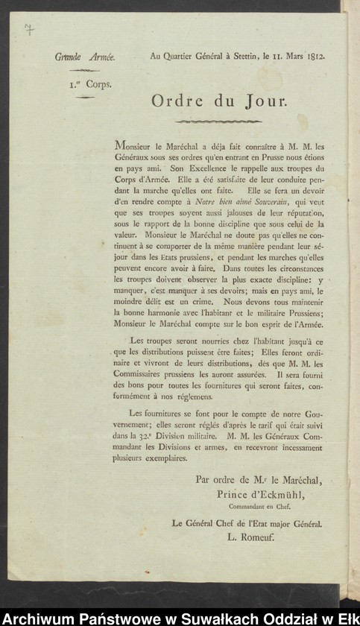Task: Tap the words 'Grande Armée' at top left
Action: click(x=84, y=57)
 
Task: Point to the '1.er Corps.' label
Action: click(x=86, y=84)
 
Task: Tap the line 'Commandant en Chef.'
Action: click(x=259, y=507)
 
